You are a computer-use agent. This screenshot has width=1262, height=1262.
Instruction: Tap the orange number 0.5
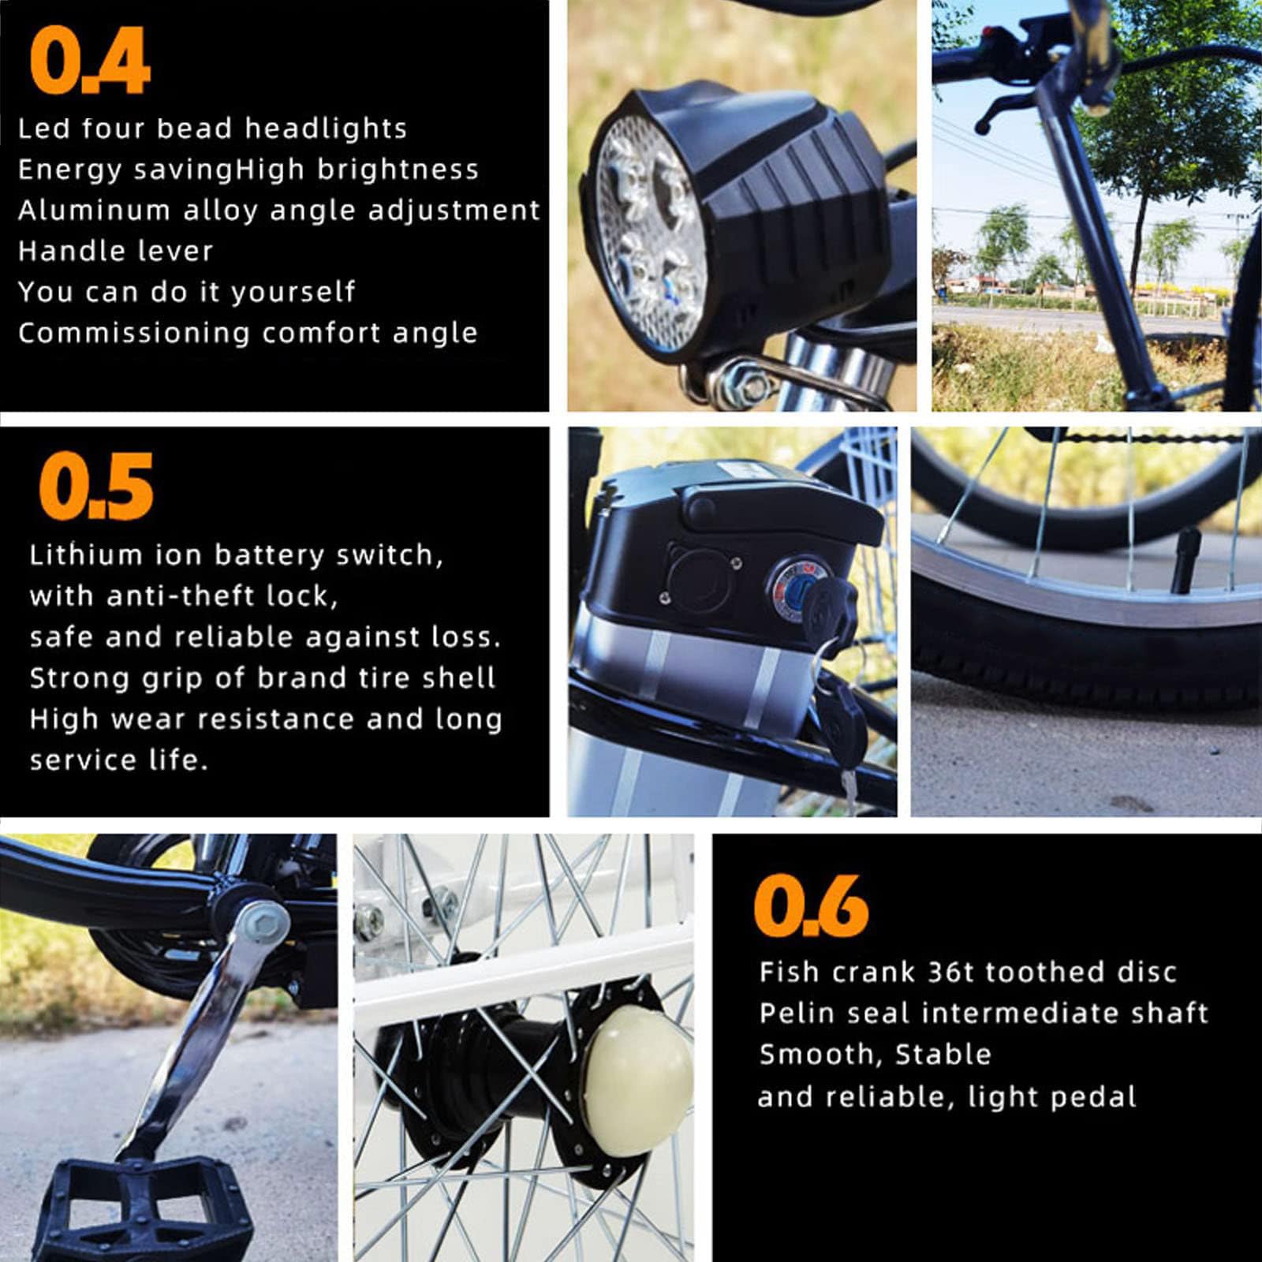click(x=96, y=487)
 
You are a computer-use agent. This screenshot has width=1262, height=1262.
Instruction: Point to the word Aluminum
click(x=94, y=210)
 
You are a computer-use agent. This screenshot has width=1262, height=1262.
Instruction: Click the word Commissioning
click(x=133, y=333)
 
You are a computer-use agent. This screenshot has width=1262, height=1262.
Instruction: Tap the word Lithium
click(x=86, y=554)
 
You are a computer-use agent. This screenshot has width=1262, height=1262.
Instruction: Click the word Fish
click(x=789, y=972)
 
